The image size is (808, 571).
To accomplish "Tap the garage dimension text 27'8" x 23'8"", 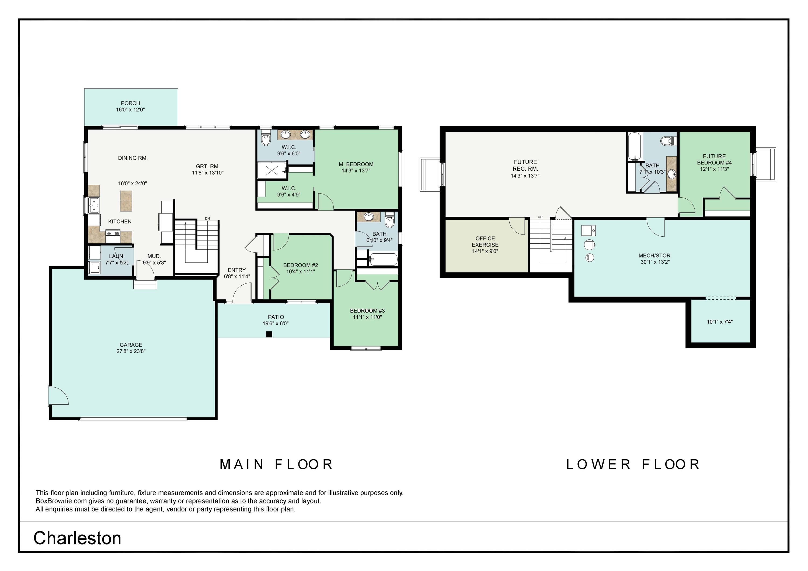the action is coord(131,351).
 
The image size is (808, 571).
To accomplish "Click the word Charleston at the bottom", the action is coord(77,538).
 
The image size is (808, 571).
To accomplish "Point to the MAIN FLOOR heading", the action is coord(276,464).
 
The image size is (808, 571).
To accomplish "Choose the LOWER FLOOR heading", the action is coord(633,464).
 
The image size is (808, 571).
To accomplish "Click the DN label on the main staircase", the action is coord(208,219).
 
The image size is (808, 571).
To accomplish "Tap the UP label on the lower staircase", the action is coord(540,217).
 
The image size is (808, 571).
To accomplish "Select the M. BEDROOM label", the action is coord(356,164).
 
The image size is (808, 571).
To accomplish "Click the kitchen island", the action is coord(126,201).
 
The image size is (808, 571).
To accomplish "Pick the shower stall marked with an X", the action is coord(272,171).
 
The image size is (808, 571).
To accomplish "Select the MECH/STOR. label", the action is coord(655,256).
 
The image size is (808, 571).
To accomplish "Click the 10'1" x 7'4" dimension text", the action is coord(720,321).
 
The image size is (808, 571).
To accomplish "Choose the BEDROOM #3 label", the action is coord(367,311).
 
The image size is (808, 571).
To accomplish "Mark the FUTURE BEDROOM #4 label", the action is coord(714,159).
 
